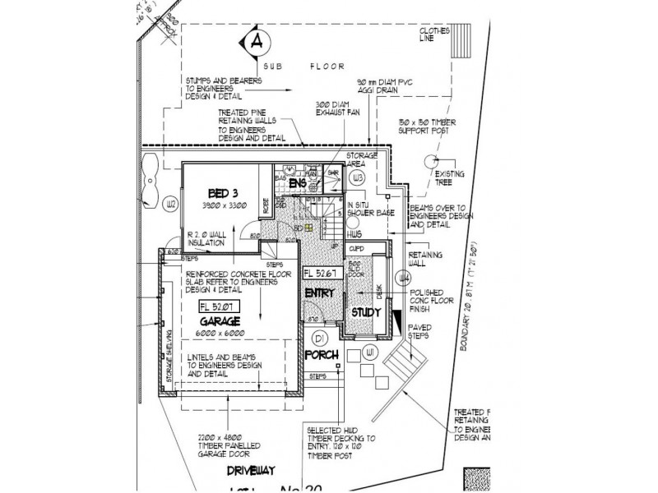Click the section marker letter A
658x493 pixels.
tap(257, 40)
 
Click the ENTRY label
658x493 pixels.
tap(319, 293)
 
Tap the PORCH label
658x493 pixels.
tap(320, 355)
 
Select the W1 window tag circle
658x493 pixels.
tap(370, 353)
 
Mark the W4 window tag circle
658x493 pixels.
tap(403, 278)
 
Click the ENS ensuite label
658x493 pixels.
tap(297, 184)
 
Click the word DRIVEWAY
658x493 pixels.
tap(252, 472)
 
